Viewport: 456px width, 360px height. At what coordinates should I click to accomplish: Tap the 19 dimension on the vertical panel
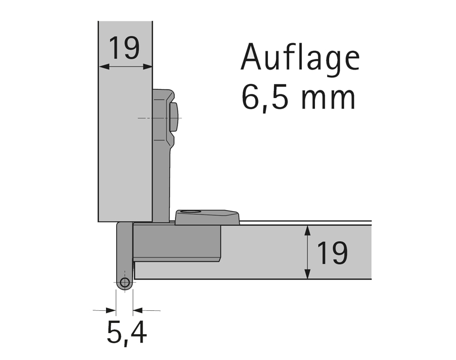click(124, 49)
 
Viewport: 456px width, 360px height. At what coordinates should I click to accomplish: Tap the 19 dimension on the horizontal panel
click(332, 253)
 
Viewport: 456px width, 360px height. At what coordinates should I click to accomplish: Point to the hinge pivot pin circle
click(124, 283)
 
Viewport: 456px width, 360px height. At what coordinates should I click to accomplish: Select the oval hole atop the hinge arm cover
click(192, 211)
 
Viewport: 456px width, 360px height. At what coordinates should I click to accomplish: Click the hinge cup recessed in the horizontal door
click(177, 243)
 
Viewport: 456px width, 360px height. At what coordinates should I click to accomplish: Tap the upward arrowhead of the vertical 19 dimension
click(307, 230)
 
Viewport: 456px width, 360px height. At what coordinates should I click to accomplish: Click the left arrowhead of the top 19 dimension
click(102, 66)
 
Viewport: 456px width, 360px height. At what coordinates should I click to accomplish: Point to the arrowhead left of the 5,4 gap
click(112, 310)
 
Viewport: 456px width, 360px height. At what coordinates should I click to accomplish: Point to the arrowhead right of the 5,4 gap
click(137, 310)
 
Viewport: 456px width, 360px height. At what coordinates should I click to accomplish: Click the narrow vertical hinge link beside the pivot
click(122, 249)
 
